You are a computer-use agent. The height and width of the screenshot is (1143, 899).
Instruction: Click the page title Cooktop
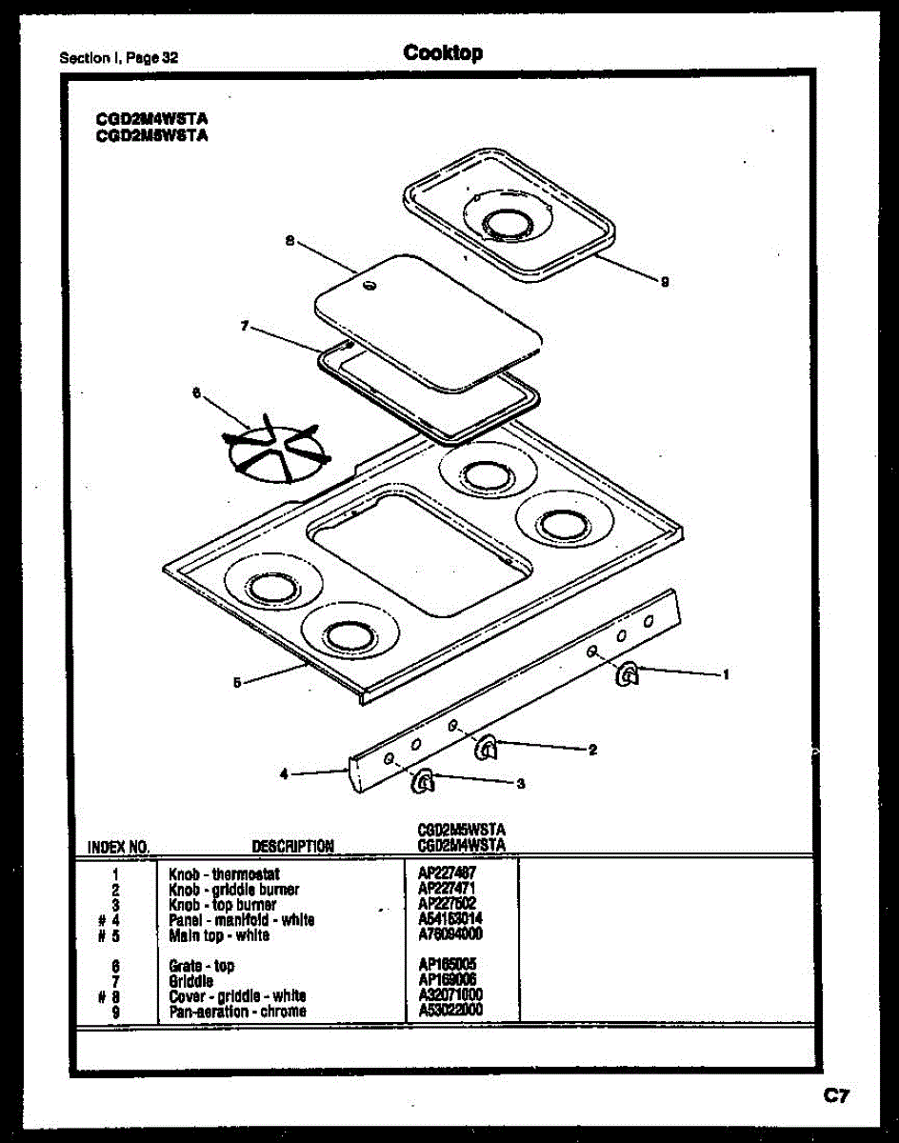tap(443, 53)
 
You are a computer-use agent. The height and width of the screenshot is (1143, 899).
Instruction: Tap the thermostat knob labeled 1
tap(628, 675)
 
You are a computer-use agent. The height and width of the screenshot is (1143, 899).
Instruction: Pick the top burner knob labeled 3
tap(423, 782)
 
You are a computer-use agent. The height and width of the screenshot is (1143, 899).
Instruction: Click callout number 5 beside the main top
tap(236, 682)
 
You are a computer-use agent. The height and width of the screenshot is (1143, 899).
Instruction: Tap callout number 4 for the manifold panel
tap(284, 774)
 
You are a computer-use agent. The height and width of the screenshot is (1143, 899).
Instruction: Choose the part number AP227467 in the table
tap(447, 873)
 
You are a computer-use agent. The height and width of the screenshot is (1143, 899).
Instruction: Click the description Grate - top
tap(201, 966)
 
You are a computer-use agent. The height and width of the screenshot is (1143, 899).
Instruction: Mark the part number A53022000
tap(450, 1011)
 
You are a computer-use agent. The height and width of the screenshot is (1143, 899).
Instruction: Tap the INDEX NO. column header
tap(118, 846)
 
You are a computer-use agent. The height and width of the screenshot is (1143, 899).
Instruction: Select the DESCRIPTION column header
tap(292, 846)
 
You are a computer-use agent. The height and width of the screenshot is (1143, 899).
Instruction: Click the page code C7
tap(836, 1096)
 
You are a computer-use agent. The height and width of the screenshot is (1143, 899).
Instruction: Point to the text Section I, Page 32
tap(119, 57)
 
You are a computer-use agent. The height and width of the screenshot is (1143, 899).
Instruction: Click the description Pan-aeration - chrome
tap(237, 1011)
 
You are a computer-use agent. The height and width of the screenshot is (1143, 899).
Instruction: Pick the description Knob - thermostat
tap(224, 873)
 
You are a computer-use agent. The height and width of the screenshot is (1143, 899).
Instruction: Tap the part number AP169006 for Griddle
tap(447, 980)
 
